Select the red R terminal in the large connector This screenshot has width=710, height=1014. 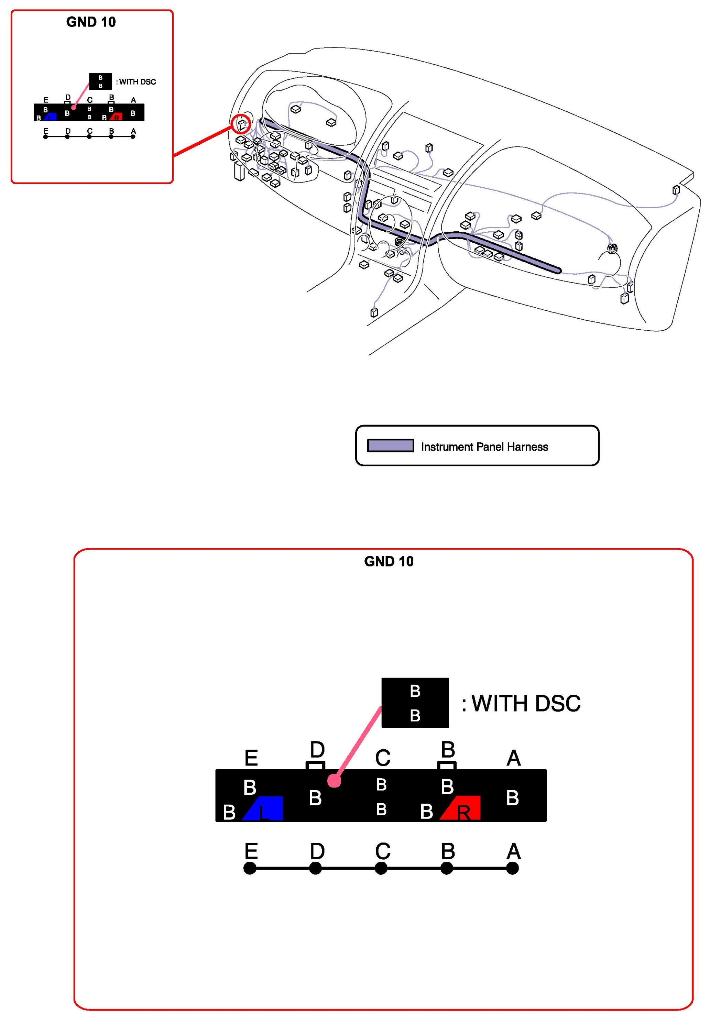tap(462, 808)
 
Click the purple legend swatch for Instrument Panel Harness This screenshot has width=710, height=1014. tap(391, 445)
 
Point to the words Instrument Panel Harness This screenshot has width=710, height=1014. tap(484, 447)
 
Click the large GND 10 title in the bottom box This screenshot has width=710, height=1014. tap(389, 561)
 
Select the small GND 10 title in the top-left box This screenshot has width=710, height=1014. tap(91, 22)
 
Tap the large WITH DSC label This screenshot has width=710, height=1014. tap(521, 704)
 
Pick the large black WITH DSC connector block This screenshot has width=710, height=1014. tap(415, 703)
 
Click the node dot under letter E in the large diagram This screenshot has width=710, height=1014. tap(250, 868)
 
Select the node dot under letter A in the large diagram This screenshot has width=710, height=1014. tap(513, 868)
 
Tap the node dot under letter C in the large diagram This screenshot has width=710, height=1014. tap(381, 868)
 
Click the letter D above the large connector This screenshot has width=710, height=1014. tap(317, 749)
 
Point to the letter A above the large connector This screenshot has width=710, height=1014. tap(513, 758)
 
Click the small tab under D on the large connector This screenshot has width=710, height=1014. tap(315, 765)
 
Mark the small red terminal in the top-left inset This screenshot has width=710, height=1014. tap(116, 117)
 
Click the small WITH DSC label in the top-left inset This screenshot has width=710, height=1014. tap(136, 82)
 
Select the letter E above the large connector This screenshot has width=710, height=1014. tap(251, 758)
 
